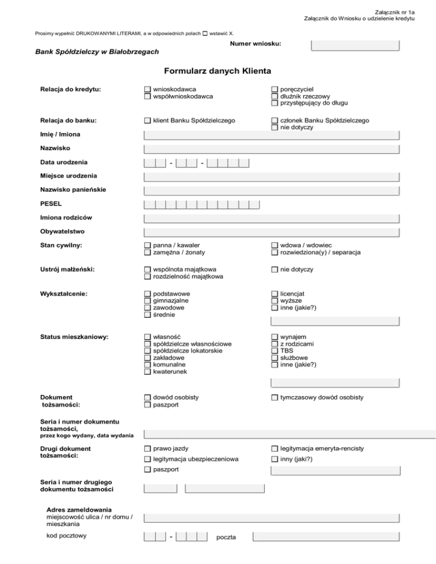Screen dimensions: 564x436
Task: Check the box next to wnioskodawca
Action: (148, 90)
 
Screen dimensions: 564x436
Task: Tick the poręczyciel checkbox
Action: (275, 90)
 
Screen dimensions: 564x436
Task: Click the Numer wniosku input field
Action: (355, 45)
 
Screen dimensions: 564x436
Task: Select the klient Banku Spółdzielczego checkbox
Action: (148, 121)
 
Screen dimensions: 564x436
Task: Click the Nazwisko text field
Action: (272, 149)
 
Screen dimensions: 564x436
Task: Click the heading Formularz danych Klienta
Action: (217, 71)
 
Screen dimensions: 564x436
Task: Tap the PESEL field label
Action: (51, 203)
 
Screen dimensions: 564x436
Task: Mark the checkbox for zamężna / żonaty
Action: (148, 252)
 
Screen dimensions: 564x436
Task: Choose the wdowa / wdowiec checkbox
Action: (275, 245)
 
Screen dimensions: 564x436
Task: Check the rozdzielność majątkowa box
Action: (148, 276)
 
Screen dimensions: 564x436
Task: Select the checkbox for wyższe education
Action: (275, 301)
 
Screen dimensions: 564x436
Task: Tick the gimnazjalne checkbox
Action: (148, 301)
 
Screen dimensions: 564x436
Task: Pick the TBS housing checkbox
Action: (275, 351)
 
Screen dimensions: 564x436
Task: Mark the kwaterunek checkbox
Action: (148, 372)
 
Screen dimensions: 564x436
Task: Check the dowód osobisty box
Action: (148, 398)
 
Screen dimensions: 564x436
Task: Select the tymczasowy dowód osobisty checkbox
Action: (275, 398)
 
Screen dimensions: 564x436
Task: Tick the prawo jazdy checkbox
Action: (148, 449)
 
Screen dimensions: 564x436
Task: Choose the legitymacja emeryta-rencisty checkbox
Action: (275, 449)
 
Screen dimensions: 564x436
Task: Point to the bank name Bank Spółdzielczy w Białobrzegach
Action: (97, 52)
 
